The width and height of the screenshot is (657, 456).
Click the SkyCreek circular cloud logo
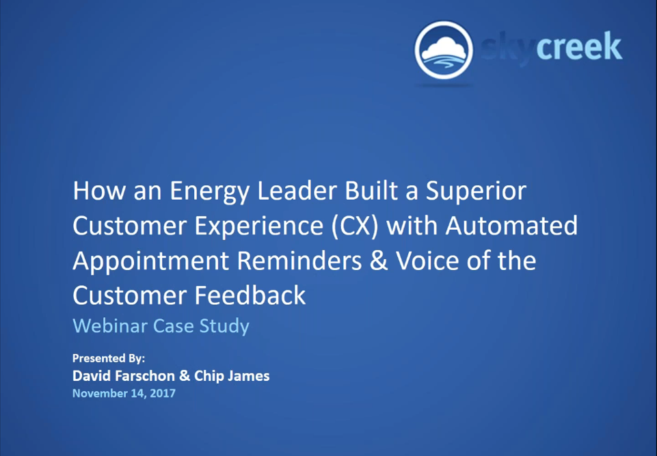click(x=444, y=51)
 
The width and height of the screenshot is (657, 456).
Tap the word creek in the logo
click(x=579, y=46)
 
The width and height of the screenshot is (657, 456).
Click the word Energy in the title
click(x=211, y=191)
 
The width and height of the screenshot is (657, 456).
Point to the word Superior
click(x=476, y=191)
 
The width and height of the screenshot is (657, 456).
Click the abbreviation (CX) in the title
click(x=356, y=226)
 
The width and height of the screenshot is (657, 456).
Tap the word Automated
click(x=511, y=226)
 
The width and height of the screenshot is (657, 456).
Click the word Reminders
click(x=299, y=260)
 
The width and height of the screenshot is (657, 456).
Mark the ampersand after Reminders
click(x=379, y=260)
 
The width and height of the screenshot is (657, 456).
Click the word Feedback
click(x=250, y=295)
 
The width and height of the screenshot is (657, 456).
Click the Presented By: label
click(x=109, y=358)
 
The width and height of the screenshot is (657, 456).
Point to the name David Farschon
click(x=124, y=375)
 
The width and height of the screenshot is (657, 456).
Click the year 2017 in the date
click(x=163, y=393)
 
